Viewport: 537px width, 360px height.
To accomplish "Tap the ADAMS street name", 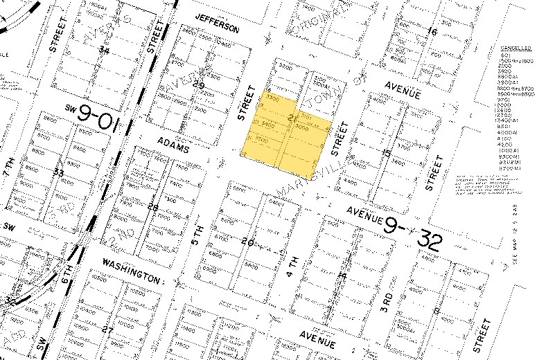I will click(x=173, y=143).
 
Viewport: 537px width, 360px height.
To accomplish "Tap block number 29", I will click(x=200, y=86).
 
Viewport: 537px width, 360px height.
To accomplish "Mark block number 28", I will click(x=153, y=206).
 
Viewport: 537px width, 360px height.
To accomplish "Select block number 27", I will click(x=107, y=330).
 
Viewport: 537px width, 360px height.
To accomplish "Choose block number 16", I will click(x=433, y=31).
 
